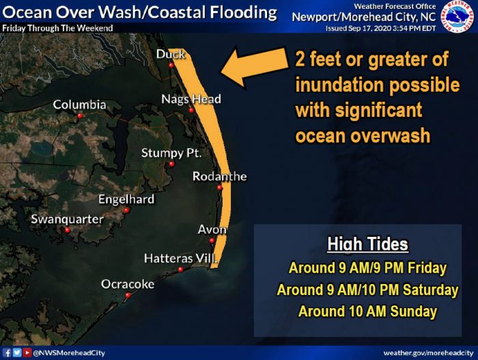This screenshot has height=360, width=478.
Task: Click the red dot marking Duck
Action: click(171, 65)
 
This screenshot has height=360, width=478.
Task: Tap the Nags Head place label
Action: click(191, 99)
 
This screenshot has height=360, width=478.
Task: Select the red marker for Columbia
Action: click(80, 116)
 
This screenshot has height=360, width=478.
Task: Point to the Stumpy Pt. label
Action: click(171, 153)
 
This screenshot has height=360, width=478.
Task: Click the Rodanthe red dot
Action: click(220, 188)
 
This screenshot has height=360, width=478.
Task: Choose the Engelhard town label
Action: click(126, 199)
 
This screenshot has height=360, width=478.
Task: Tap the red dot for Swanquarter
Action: click(68, 230)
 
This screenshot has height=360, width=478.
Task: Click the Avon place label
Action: click(212, 230)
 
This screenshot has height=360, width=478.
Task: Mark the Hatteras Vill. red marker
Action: click(180, 269)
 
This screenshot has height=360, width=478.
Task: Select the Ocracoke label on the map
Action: click(128, 284)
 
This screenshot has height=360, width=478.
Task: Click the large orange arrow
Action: click(254, 66)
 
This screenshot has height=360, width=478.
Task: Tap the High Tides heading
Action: click(367, 245)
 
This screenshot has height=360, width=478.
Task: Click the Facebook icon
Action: click(7, 352)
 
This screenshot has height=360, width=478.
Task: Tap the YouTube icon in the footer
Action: click(27, 352)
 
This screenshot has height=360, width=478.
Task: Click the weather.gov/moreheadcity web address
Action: click(428, 353)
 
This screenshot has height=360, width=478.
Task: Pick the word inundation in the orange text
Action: click(339, 85)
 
